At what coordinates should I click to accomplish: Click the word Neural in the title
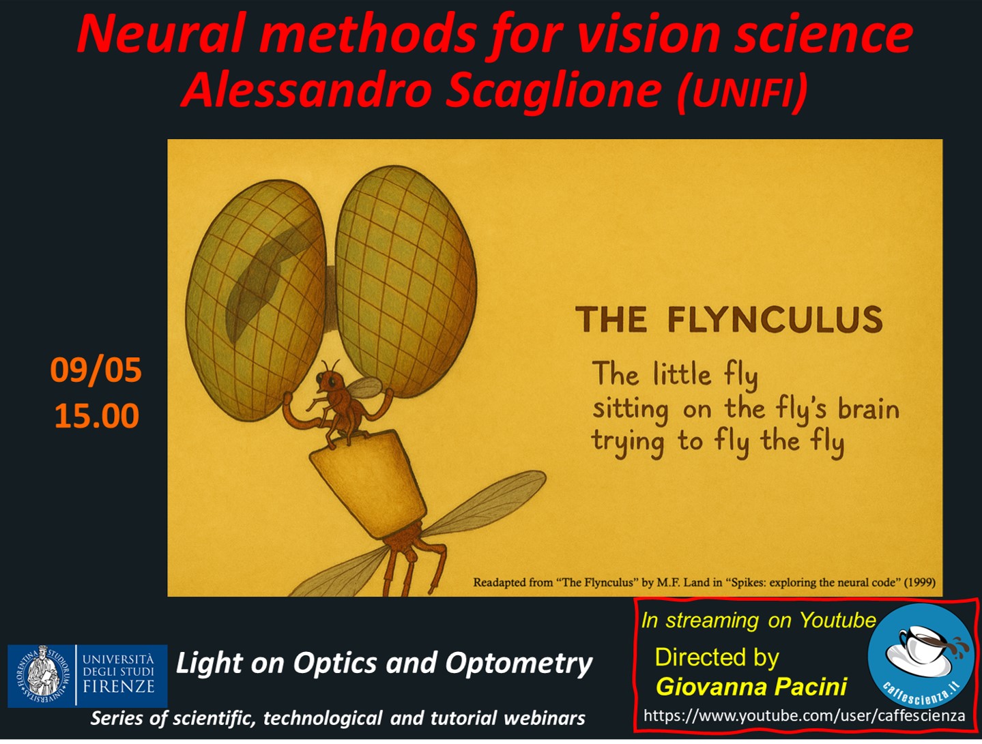tap(160, 34)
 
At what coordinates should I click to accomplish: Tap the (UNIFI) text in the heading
tap(743, 91)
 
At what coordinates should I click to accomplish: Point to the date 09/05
tap(96, 370)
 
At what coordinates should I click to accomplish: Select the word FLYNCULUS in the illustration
tap(775, 320)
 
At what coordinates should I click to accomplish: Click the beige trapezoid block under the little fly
tap(368, 484)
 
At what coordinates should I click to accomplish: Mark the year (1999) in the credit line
tap(919, 582)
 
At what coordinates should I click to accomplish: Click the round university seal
tap(43, 675)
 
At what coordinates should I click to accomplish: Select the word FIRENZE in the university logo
tap(119, 687)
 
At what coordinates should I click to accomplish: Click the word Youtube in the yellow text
tap(837, 620)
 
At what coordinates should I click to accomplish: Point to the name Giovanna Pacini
tap(751, 687)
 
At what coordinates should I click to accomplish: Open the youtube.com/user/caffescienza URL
tap(804, 716)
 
